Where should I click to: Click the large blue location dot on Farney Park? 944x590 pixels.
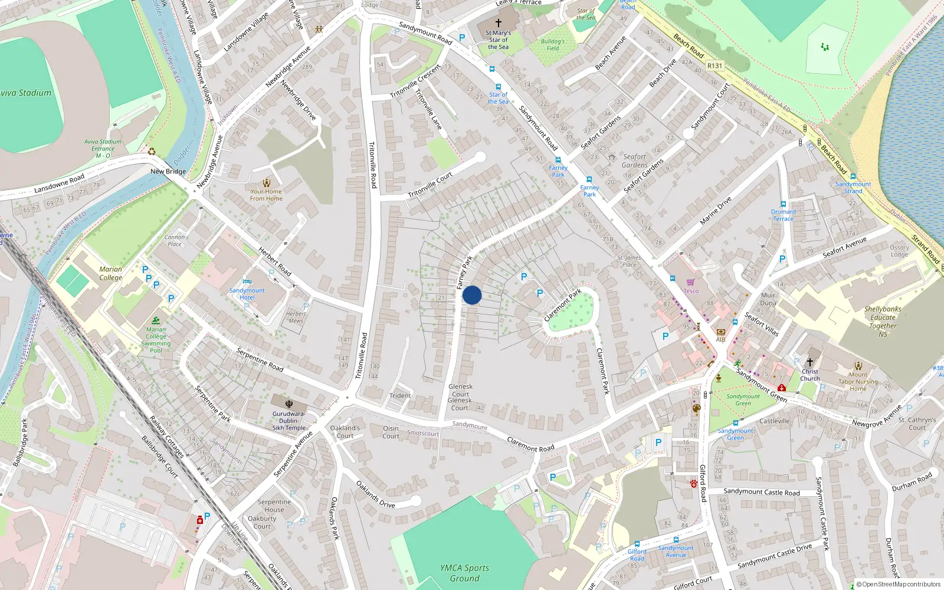click(472, 295)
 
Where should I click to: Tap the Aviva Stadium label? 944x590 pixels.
click(25, 93)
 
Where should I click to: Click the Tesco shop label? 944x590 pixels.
click(691, 291)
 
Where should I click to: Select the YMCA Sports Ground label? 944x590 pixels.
click(465, 573)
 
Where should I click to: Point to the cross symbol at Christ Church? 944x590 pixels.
click(810, 362)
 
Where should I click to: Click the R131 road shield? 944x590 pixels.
click(714, 66)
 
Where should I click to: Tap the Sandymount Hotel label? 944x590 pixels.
click(247, 294)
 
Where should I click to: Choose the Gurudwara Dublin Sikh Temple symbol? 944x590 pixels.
click(289, 404)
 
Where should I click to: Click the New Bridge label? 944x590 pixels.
click(168, 172)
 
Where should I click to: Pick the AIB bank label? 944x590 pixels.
click(720, 339)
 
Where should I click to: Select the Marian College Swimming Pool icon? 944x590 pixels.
click(156, 320)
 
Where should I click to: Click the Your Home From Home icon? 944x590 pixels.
click(267, 183)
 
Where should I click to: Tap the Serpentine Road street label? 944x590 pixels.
click(260, 359)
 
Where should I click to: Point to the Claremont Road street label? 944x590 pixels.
click(531, 444)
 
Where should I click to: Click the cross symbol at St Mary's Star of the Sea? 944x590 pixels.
click(499, 23)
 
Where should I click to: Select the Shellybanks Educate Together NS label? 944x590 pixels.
click(883, 322)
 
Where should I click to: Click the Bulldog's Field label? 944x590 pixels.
click(552, 45)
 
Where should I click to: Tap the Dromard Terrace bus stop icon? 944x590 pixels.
click(784, 204)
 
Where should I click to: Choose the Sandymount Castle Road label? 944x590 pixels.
click(762, 492)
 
